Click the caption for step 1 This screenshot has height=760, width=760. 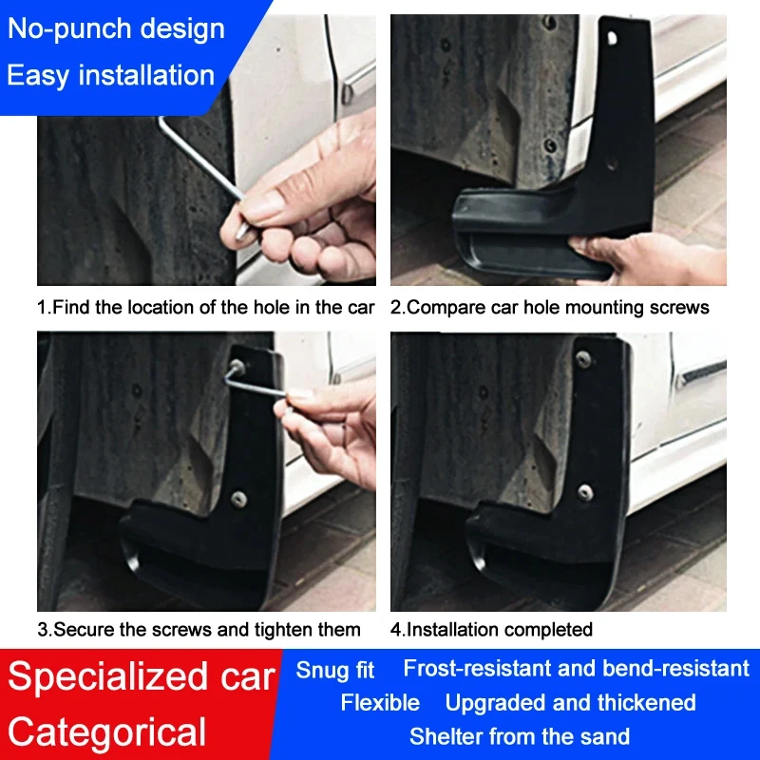point(206,307)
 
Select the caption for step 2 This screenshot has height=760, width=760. point(549,307)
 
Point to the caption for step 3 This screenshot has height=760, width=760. point(199,629)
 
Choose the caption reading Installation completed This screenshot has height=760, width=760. point(491,629)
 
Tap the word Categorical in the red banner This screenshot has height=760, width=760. point(107,732)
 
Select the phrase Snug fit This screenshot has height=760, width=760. point(335,671)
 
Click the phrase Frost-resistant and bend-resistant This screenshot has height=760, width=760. point(576,668)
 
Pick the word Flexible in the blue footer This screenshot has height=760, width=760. point(380,703)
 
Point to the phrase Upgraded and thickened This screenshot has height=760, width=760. point(570,703)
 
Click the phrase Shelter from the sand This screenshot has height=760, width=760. point(520,736)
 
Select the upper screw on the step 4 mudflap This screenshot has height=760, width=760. point(583,359)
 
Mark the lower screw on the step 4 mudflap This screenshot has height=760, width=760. point(585,491)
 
